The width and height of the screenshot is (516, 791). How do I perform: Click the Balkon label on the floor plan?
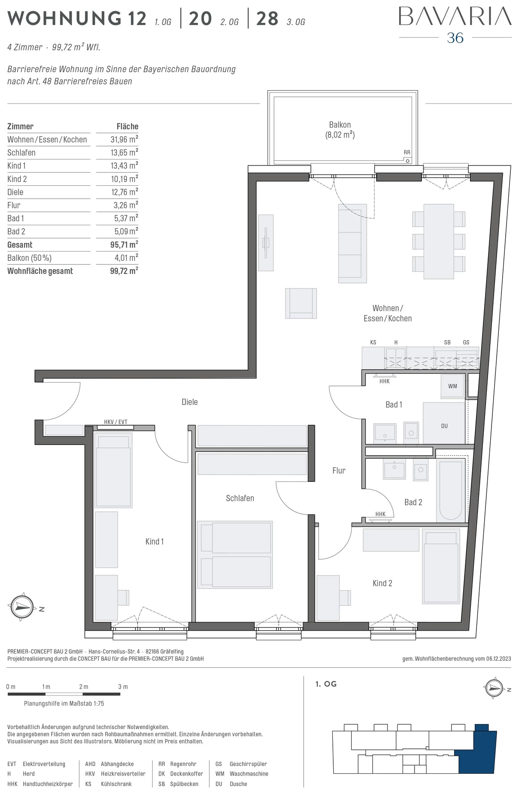click(x=340, y=125)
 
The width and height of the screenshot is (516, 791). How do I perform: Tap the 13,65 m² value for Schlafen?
click(x=124, y=152)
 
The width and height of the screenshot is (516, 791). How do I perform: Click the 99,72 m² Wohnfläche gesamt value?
click(x=124, y=271)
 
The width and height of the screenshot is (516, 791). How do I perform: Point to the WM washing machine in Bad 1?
click(x=453, y=386)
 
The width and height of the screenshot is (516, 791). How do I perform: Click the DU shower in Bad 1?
click(x=444, y=423)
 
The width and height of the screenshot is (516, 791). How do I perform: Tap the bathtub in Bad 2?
click(x=451, y=490)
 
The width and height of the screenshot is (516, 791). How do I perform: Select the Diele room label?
click(x=190, y=402)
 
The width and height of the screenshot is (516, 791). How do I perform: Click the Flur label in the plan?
click(x=339, y=470)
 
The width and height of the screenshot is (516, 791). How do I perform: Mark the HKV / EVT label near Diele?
click(x=116, y=422)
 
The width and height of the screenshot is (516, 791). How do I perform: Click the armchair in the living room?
click(x=301, y=304)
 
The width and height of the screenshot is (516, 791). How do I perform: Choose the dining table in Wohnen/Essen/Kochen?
click(x=439, y=242)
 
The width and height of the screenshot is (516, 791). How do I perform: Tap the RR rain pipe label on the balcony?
click(x=407, y=152)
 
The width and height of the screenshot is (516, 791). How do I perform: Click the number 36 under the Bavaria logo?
click(x=455, y=38)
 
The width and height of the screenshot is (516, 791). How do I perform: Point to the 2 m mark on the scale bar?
click(x=83, y=687)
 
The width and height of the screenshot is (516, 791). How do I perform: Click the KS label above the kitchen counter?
click(x=373, y=342)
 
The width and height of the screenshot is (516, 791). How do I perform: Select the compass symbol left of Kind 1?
click(x=22, y=607)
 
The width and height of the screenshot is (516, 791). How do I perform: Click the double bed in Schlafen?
click(x=235, y=555)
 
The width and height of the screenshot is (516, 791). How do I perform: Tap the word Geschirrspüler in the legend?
click(x=248, y=764)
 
